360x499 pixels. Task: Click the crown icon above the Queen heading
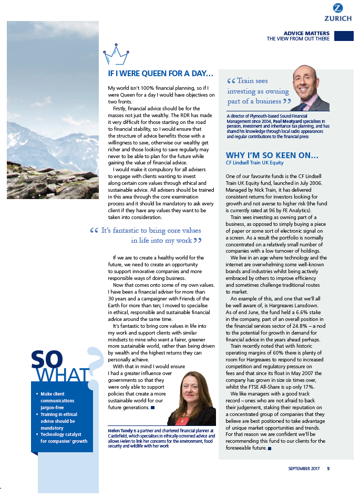(117, 54)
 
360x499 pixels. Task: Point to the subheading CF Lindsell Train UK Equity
(254, 163)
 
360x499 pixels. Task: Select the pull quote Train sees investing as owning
(258, 91)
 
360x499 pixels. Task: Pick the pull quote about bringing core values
(147, 235)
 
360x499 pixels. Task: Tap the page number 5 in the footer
(328, 469)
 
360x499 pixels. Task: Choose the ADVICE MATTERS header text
(306, 33)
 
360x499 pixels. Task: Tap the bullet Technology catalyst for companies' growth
(64, 438)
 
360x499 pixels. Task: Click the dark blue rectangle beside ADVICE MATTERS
(344, 35)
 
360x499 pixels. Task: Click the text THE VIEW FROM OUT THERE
(298, 39)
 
